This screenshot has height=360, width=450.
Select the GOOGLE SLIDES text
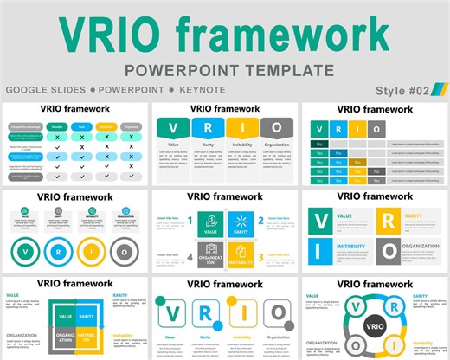(43, 90)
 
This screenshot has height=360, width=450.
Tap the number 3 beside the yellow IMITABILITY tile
(260, 257)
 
